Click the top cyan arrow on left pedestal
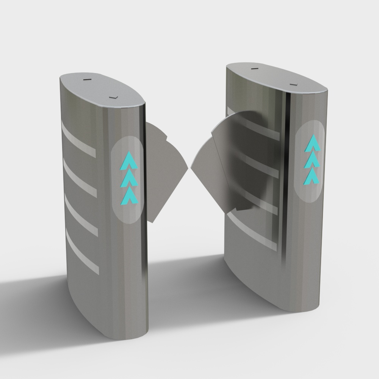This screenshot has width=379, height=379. [129, 161]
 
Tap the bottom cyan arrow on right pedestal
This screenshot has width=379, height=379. [310, 175]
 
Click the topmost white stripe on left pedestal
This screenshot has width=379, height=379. [78, 139]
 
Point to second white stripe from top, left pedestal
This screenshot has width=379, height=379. [80, 178]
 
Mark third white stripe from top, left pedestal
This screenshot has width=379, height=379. [81, 215]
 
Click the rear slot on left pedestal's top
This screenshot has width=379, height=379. [88, 80]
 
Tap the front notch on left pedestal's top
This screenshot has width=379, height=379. [113, 98]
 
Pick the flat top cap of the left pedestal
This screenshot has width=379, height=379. [102, 89]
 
